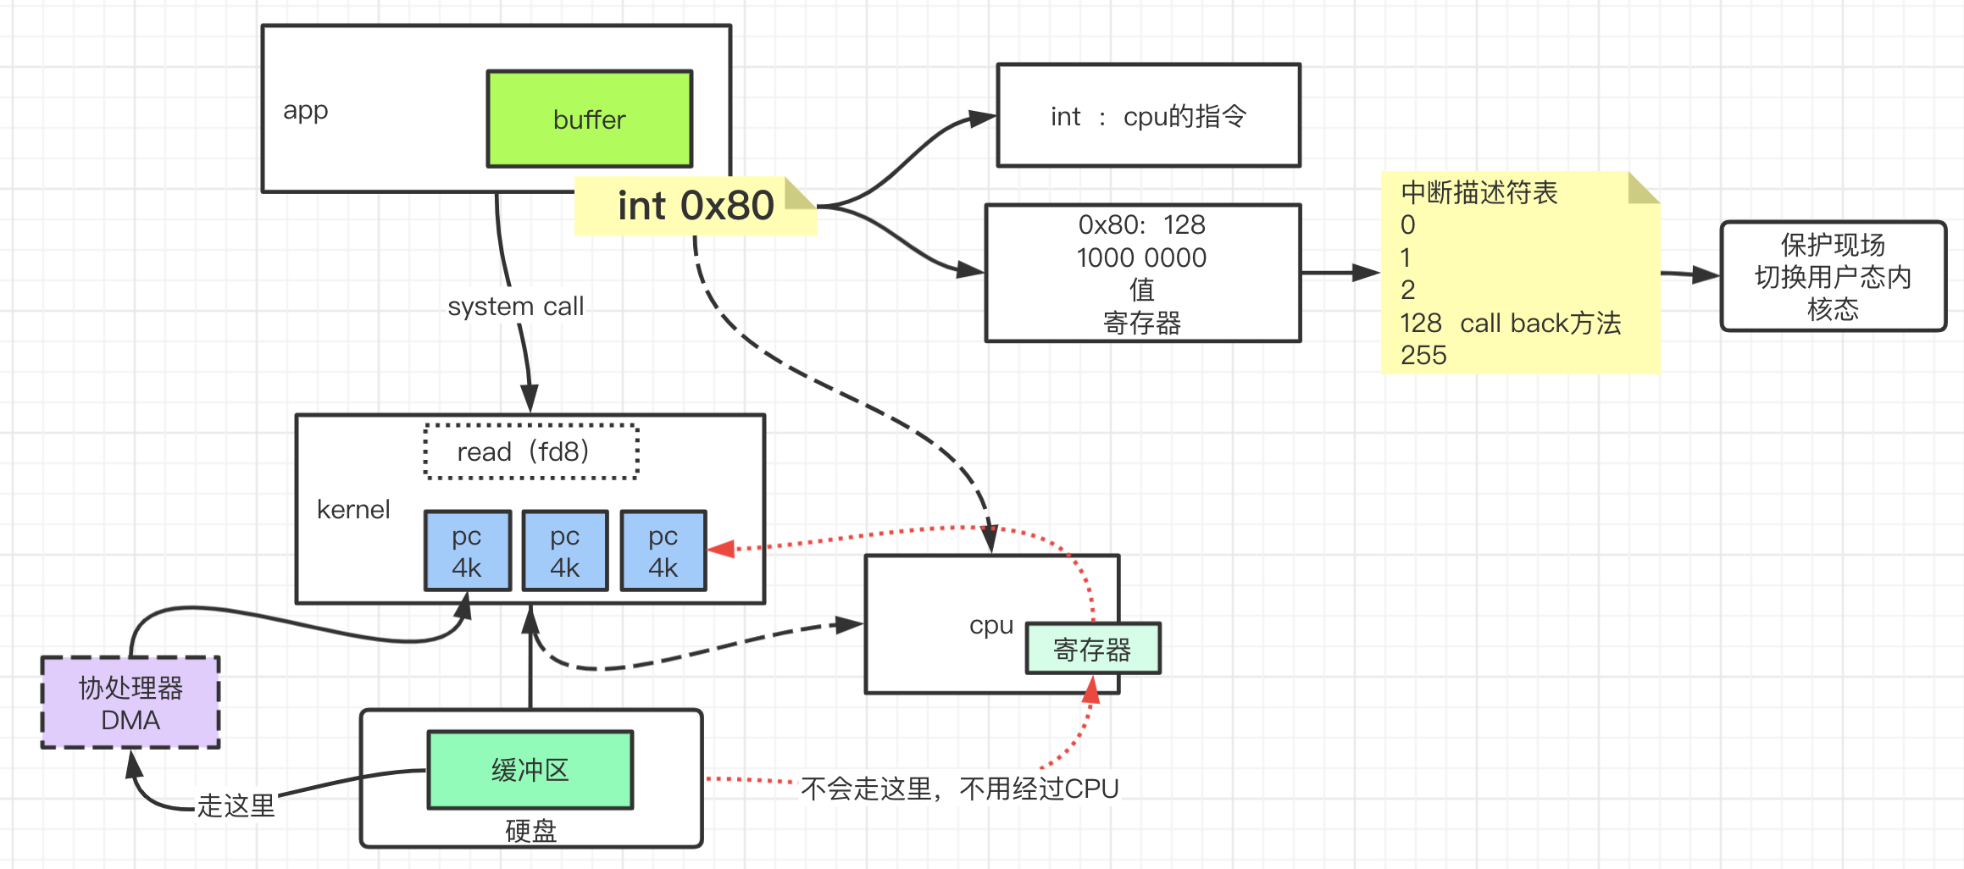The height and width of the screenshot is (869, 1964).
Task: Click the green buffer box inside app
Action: click(589, 119)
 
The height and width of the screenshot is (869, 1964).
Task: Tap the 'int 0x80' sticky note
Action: click(695, 206)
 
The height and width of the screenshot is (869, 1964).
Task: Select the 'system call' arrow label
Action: click(515, 306)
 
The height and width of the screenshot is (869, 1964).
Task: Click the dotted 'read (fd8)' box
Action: click(530, 451)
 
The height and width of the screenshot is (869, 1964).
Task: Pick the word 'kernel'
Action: click(353, 509)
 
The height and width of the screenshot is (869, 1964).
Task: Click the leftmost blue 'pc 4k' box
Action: click(467, 551)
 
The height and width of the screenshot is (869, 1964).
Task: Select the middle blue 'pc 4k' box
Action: click(565, 551)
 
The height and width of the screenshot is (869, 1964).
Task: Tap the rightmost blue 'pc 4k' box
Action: click(663, 551)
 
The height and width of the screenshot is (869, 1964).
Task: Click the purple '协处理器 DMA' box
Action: click(130, 703)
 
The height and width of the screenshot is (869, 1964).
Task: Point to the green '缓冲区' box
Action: click(530, 770)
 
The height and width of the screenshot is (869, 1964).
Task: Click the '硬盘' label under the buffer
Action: click(530, 831)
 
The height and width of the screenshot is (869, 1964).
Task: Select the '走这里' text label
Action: click(236, 805)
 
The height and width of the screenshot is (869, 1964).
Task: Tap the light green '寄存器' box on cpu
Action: click(1092, 650)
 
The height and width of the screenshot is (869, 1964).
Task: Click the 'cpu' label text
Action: click(991, 625)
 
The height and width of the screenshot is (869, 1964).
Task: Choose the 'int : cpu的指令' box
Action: click(1148, 116)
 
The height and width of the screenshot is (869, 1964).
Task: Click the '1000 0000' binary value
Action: click(1141, 257)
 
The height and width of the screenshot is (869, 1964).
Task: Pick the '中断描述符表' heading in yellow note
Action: click(1479, 193)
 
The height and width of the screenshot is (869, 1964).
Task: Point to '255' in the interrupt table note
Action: click(1423, 355)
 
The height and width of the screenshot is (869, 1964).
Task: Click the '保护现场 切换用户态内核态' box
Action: click(1833, 277)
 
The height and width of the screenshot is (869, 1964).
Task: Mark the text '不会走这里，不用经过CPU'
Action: click(959, 789)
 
